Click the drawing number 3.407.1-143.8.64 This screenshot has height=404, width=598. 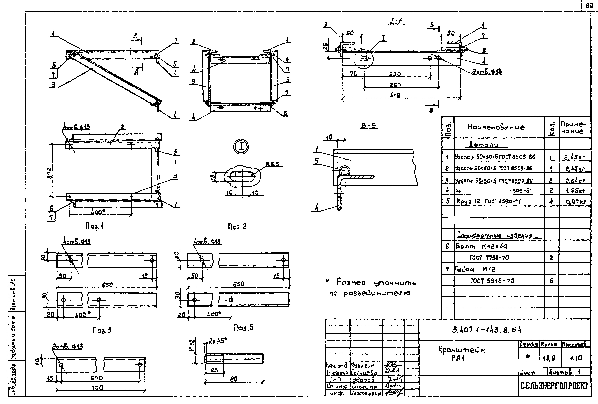click(486, 330)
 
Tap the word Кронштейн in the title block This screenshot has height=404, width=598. click(461, 350)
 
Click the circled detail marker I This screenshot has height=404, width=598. click(241, 146)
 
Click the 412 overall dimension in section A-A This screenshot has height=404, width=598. click(395, 95)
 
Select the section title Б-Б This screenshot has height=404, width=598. click(368, 126)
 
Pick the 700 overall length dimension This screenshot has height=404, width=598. click(97, 387)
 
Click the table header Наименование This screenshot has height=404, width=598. click(496, 127)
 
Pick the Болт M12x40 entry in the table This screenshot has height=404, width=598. click(482, 246)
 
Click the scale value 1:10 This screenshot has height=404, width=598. click(576, 358)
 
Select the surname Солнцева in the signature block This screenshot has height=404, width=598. click(364, 372)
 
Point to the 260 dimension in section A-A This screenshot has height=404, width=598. click(395, 85)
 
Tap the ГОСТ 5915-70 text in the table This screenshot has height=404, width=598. click(492, 281)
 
